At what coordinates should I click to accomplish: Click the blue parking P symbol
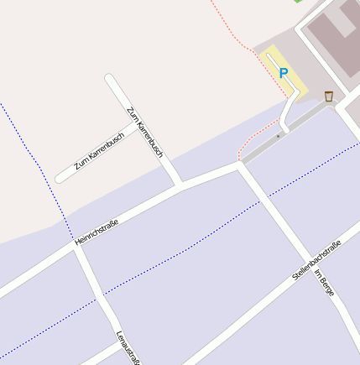click(283, 74)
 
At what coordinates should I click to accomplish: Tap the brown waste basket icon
click(328, 96)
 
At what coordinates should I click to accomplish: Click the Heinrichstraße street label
click(97, 232)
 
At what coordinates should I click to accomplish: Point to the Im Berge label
click(324, 282)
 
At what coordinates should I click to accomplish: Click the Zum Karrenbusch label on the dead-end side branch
click(99, 152)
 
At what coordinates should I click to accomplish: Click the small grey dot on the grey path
click(278, 134)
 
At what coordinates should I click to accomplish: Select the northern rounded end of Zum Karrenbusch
click(109, 78)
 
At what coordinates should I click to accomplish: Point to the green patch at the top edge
click(298, 2)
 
